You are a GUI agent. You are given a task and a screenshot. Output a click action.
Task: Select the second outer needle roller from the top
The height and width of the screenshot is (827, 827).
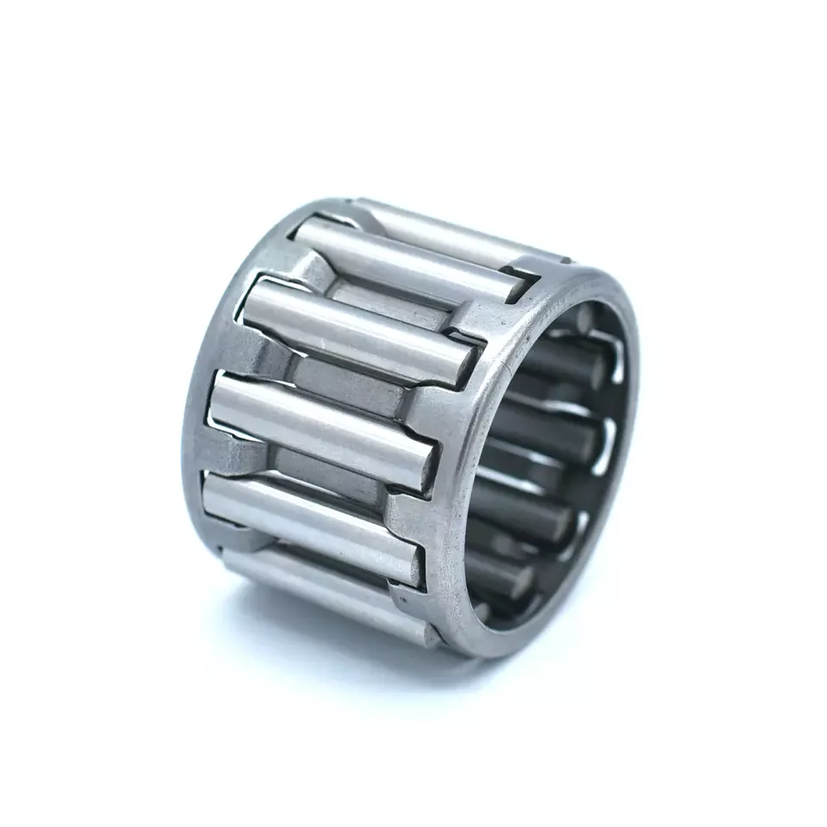(x=405, y=258)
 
